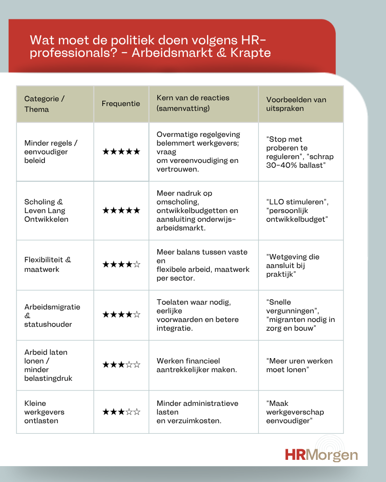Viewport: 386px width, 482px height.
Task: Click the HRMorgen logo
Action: (321, 455)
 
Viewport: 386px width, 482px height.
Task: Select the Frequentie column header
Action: (121, 104)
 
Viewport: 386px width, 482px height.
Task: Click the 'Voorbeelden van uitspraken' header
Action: (296, 104)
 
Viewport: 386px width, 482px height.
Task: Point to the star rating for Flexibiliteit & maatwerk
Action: (121, 264)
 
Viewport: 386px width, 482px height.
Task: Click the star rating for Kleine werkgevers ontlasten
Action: (121, 412)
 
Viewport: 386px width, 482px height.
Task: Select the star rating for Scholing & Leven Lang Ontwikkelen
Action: (121, 211)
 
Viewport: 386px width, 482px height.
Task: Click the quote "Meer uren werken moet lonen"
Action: (299, 365)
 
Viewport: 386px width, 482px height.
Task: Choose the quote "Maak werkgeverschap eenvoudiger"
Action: (295, 412)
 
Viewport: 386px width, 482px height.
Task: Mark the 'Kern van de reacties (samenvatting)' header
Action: (193, 103)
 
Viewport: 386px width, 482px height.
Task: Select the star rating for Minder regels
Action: (121, 151)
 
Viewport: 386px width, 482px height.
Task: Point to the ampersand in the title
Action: (220, 53)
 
